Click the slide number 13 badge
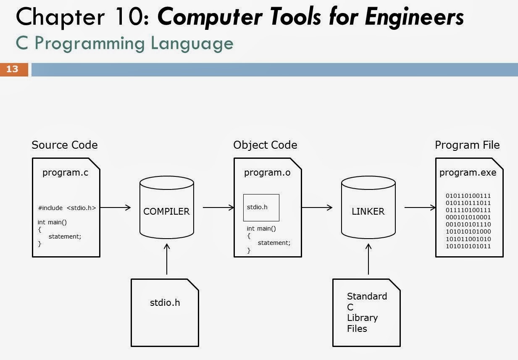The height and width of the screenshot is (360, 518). pyautogui.click(x=13, y=69)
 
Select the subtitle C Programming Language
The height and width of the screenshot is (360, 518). pyautogui.click(x=124, y=43)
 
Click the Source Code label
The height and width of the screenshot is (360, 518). pyautogui.click(x=65, y=145)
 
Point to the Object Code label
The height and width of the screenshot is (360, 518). pyautogui.click(x=265, y=145)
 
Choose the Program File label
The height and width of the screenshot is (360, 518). pyautogui.click(x=467, y=145)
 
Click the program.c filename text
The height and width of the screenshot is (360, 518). pyautogui.click(x=66, y=172)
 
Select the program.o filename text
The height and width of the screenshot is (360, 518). pyautogui.click(x=267, y=172)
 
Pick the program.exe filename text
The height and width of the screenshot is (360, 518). pyautogui.click(x=468, y=172)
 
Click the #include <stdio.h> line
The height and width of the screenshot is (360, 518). pyautogui.click(x=67, y=208)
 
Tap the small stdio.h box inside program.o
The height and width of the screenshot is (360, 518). pyautogui.click(x=261, y=208)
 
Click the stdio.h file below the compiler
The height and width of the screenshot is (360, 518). pyautogui.click(x=165, y=312)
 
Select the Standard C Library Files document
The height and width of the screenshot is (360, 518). pyautogui.click(x=366, y=312)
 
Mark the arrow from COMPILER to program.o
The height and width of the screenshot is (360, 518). pyautogui.click(x=218, y=207)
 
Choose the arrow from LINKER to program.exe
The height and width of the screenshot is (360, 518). pyautogui.click(x=420, y=207)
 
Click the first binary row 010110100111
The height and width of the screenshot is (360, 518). pyautogui.click(x=468, y=196)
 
